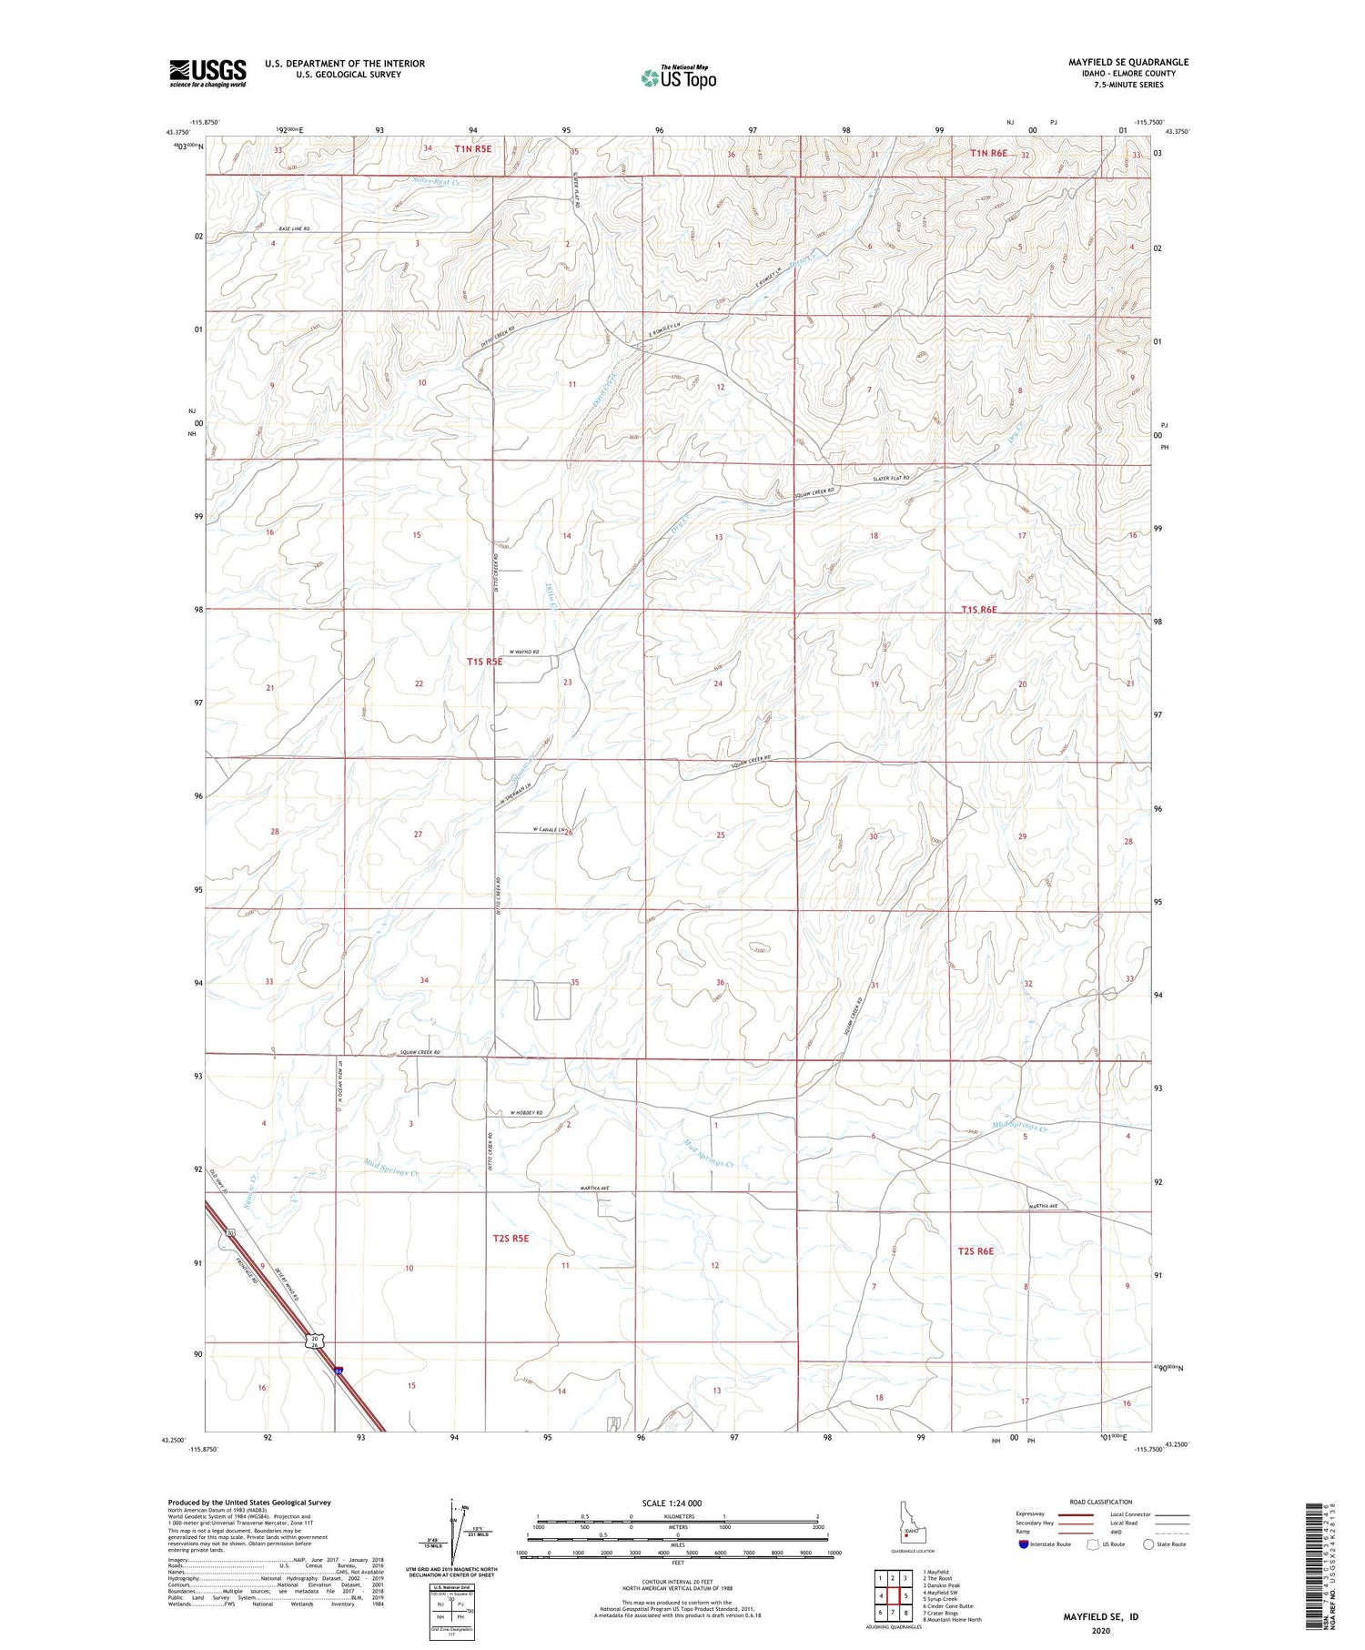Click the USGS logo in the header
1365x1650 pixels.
207,73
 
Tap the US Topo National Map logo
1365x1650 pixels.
678,78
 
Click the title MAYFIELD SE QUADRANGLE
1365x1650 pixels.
1128,62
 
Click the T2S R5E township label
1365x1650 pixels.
511,1238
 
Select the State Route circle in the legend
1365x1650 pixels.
1148,1544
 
